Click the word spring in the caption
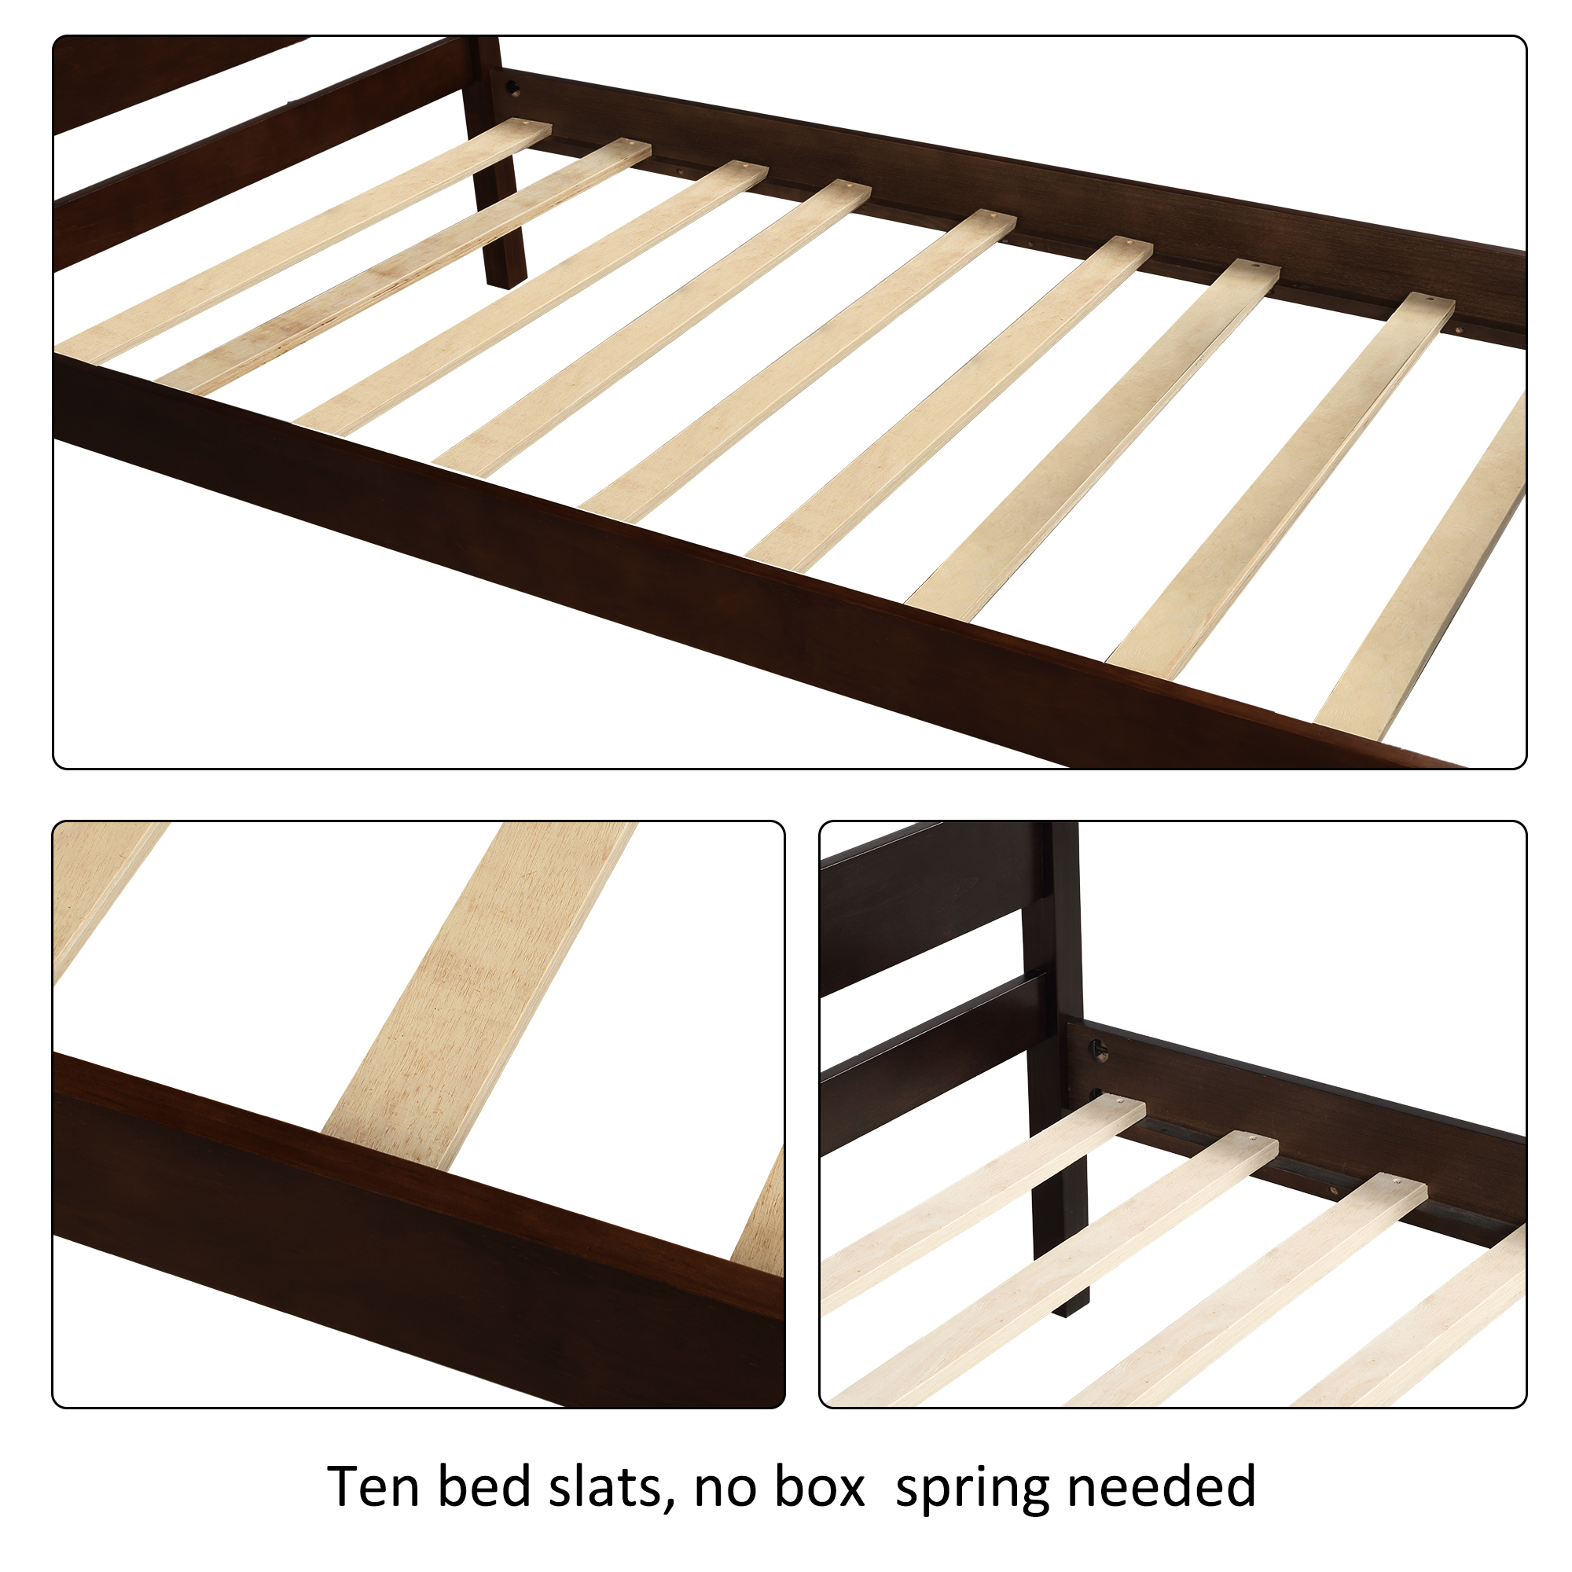point(971,1489)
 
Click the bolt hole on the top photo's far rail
point(513,86)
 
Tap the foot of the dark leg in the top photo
point(505,277)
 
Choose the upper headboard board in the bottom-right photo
point(927,903)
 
